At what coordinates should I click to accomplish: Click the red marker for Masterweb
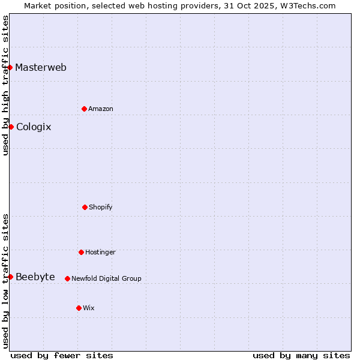pyautogui.click(x=10, y=67)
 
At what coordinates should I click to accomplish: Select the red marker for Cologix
pyautogui.click(x=11, y=127)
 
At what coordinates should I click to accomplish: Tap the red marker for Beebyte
pyautogui.click(x=10, y=277)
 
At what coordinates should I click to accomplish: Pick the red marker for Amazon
pyautogui.click(x=84, y=109)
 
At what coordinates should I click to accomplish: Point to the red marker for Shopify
pyautogui.click(x=85, y=207)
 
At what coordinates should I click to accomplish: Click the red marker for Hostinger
pyautogui.click(x=81, y=252)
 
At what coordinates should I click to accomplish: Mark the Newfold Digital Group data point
pyautogui.click(x=67, y=278)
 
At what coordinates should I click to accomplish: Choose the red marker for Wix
pyautogui.click(x=79, y=308)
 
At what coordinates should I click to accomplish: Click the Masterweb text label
pyautogui.click(x=41, y=67)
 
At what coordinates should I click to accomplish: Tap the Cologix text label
pyautogui.click(x=34, y=127)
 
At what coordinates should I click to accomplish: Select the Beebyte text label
pyautogui.click(x=35, y=277)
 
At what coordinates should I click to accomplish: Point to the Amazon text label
pyautogui.click(x=101, y=109)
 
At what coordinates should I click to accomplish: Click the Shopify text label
pyautogui.click(x=101, y=207)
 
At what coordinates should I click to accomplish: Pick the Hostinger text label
pyautogui.click(x=100, y=252)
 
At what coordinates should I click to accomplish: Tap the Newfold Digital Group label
pyautogui.click(x=106, y=278)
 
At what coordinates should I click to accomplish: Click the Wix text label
pyautogui.click(x=89, y=308)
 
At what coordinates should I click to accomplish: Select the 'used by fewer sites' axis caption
pyautogui.click(x=62, y=355)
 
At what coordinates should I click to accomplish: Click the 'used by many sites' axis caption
pyautogui.click(x=301, y=355)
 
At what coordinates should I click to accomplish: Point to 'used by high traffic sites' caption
pyautogui.click(x=5, y=85)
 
